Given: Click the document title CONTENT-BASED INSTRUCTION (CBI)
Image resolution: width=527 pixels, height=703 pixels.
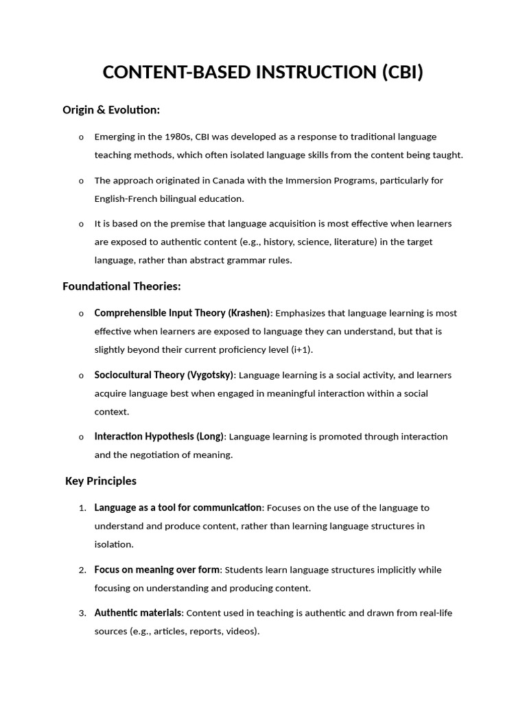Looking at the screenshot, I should (x=263, y=72).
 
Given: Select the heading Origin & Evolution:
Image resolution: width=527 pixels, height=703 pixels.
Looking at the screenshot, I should (x=110, y=110).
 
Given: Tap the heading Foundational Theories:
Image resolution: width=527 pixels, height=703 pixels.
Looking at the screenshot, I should (x=121, y=286).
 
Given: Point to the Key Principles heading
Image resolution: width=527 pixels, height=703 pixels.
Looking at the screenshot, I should (x=101, y=481).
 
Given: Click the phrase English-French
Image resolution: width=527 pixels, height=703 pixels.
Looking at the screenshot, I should (x=127, y=198).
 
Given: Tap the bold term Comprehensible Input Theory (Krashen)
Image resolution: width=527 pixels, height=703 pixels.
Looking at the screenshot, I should (x=183, y=313).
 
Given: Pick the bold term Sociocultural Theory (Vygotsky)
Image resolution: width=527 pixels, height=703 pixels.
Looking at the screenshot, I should (x=164, y=375).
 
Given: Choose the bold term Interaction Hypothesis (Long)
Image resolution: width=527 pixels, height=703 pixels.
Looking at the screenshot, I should (x=159, y=437).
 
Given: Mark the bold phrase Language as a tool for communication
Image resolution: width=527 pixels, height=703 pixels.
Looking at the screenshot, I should (x=178, y=508).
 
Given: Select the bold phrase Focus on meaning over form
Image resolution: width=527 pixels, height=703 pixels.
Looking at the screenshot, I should (x=157, y=570).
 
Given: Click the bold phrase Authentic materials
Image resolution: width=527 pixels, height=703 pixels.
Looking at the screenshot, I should (x=138, y=612).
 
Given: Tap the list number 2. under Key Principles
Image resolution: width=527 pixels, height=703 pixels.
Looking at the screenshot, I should (x=82, y=570).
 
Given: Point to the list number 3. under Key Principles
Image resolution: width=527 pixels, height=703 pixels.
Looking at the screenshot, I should (x=82, y=612).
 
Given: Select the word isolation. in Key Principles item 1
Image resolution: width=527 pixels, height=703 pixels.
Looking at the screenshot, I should (x=114, y=544).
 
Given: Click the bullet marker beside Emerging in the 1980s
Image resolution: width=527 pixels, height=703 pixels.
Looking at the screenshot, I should (x=81, y=137).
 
